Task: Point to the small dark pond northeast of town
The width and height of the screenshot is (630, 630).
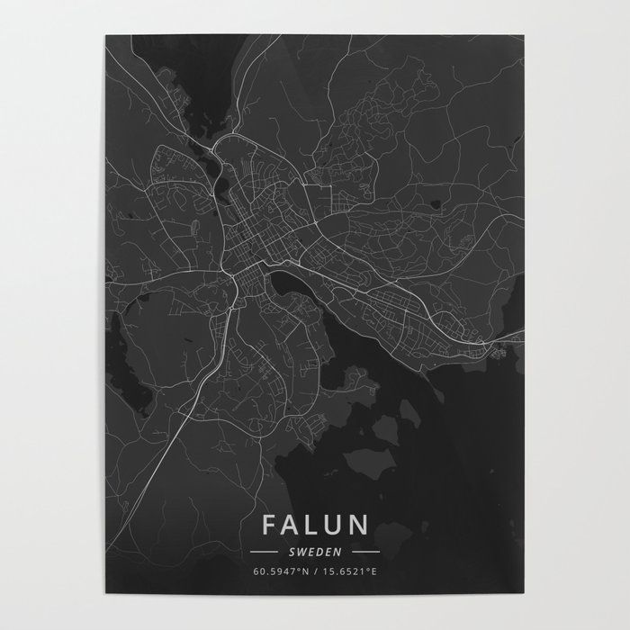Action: click(x=436, y=203)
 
